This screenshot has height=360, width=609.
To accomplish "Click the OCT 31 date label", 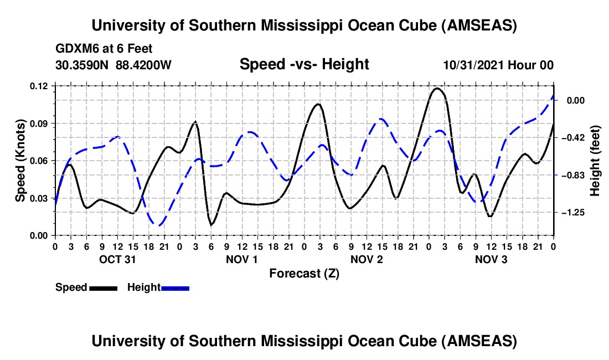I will click(117, 259).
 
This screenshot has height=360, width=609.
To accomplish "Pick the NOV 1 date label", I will click(242, 259).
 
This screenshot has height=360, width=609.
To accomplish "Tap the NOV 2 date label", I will click(367, 259).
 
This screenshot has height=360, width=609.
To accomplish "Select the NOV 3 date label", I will click(491, 259).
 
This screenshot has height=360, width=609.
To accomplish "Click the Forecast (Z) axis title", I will click(304, 273).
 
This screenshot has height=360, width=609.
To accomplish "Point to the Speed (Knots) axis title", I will click(20, 161).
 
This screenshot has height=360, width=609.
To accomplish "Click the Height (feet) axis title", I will click(595, 160).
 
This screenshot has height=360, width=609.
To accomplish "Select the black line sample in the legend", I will click(103, 288).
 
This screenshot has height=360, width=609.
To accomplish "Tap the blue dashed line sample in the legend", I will click(176, 288).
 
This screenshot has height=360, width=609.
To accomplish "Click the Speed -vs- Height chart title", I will click(304, 64).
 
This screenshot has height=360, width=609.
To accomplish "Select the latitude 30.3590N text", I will click(83, 65).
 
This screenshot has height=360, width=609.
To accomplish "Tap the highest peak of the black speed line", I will click(437, 88).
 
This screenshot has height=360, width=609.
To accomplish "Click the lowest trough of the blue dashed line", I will click(159, 225).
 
